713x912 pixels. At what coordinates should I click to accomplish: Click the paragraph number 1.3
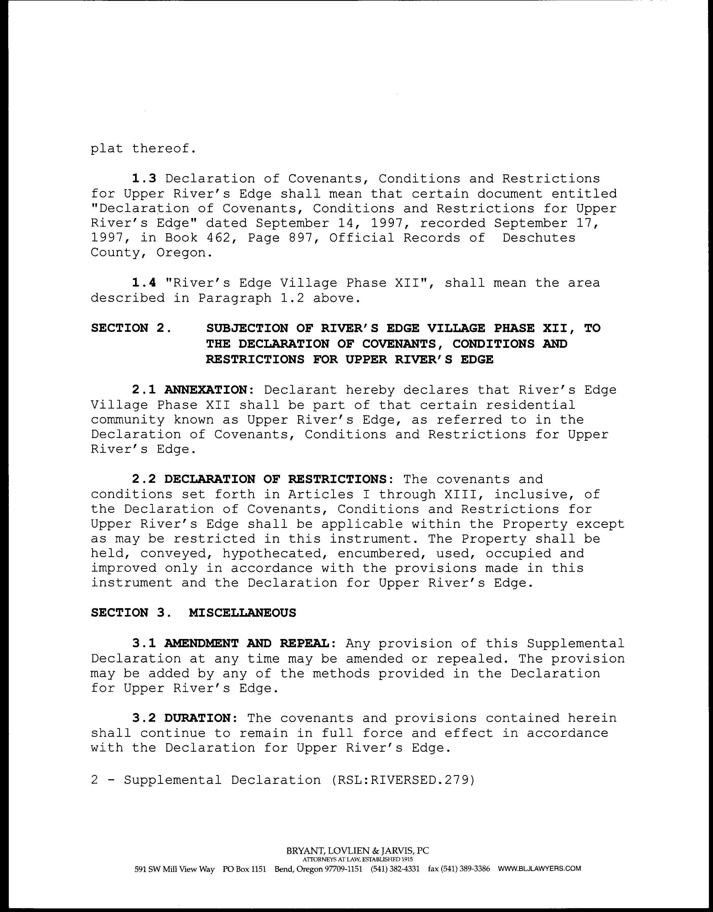click(144, 179)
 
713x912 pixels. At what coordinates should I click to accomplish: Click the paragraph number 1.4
click(144, 283)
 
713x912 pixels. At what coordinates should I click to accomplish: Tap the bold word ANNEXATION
click(206, 390)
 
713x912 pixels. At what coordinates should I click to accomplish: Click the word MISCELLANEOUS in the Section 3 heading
click(242, 613)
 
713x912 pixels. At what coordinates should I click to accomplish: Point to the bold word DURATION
click(197, 718)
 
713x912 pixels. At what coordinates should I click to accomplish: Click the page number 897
click(300, 238)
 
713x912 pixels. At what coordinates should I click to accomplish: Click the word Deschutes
click(539, 238)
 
